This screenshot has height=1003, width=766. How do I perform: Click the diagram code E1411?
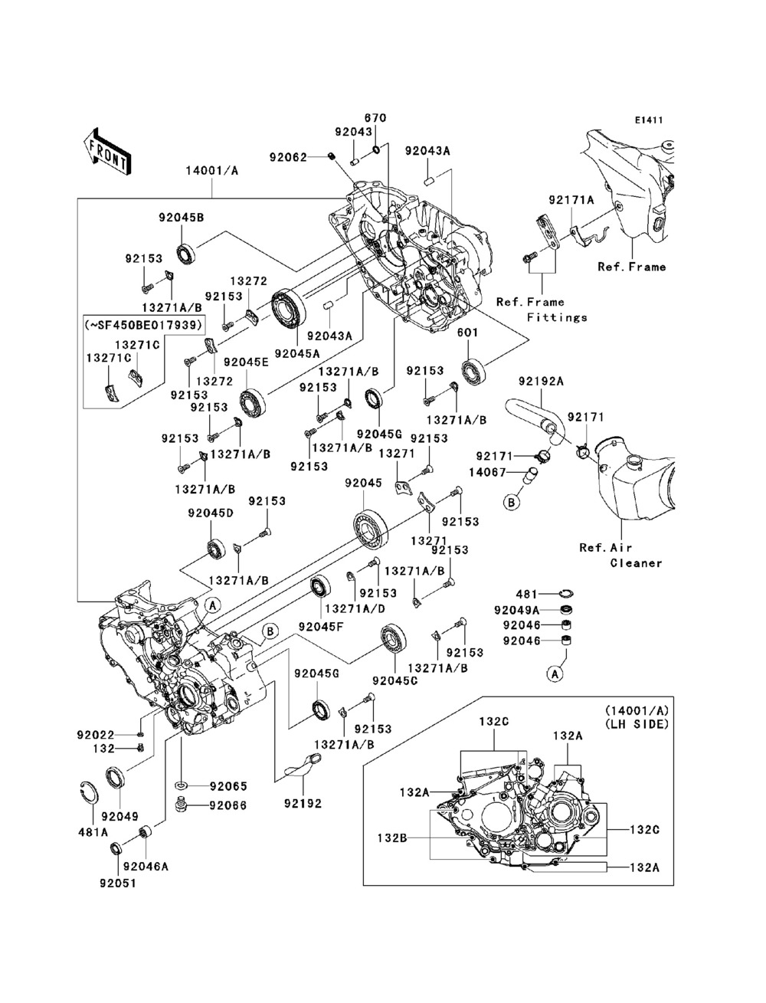click(x=648, y=120)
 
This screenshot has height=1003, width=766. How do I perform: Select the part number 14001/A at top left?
click(x=211, y=171)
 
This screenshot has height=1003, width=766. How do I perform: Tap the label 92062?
click(x=288, y=158)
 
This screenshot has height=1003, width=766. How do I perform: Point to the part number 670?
click(x=375, y=119)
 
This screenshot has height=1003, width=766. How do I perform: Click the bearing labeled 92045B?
click(x=185, y=252)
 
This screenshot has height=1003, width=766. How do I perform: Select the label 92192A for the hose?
click(x=540, y=381)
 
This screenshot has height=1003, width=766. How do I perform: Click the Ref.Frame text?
click(x=632, y=267)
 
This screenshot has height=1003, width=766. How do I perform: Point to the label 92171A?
click(x=571, y=201)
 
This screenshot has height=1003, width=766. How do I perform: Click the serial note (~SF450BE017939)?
click(x=144, y=324)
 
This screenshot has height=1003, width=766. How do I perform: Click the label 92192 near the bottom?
click(x=303, y=805)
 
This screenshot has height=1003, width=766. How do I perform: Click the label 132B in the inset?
click(x=392, y=838)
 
